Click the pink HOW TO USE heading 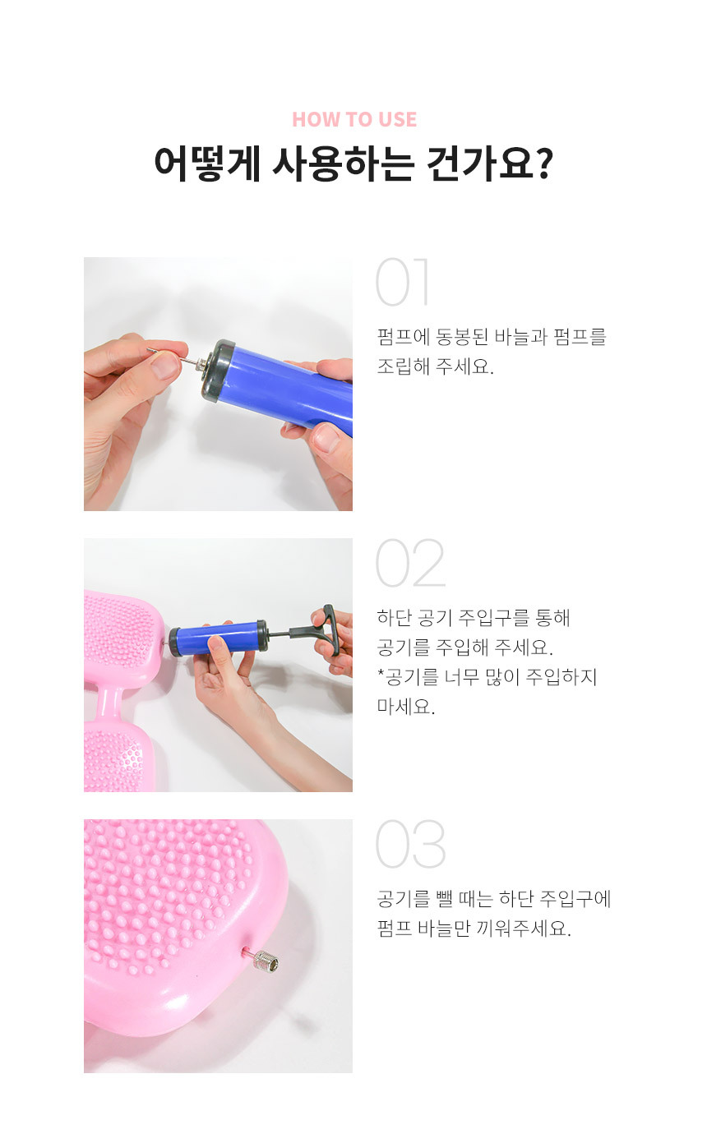[x=354, y=119]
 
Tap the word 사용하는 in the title [x=343, y=164]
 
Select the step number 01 [x=402, y=282]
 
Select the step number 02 [x=411, y=563]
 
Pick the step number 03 [x=411, y=844]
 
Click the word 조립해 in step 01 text [x=403, y=366]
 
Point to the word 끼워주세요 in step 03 [x=524, y=929]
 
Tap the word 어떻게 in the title [x=207, y=164]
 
